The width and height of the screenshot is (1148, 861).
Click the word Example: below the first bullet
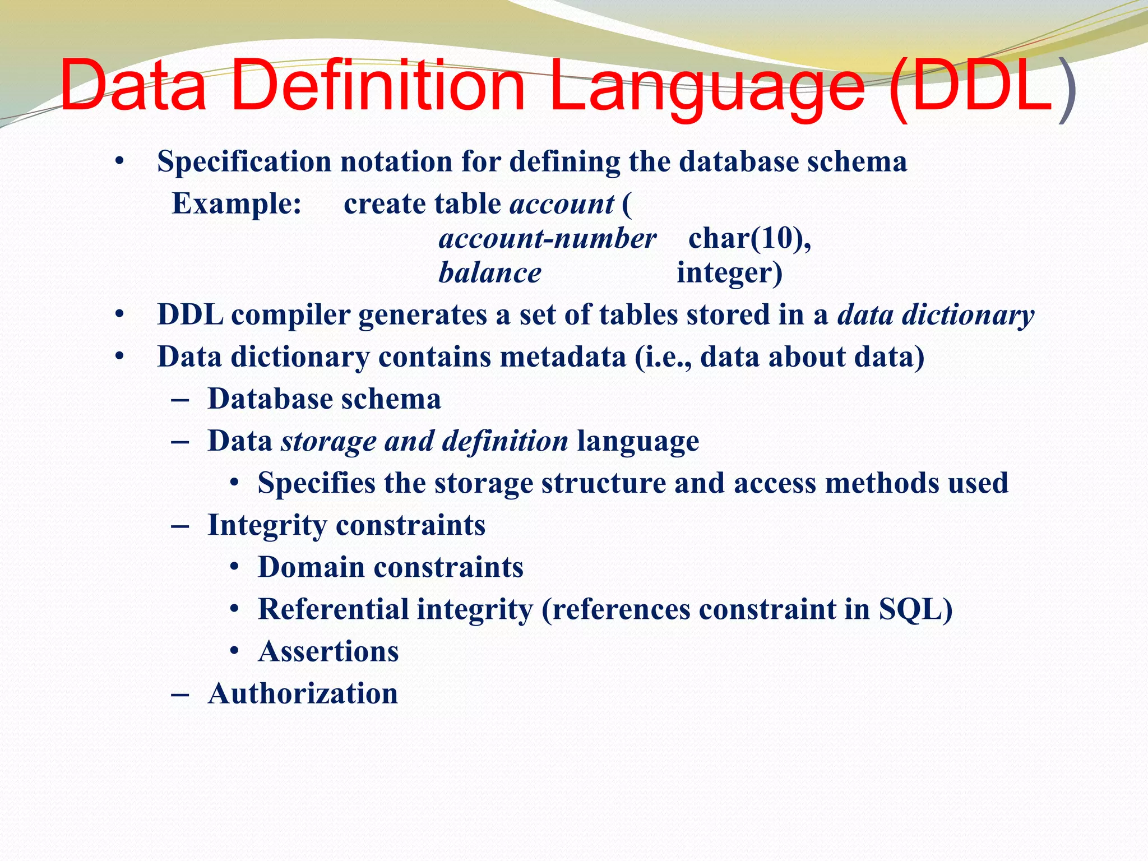pos(237,203)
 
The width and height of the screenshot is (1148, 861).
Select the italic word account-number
pos(547,239)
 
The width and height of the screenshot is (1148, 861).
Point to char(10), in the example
pos(749,239)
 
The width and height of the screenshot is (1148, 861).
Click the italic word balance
pos(489,274)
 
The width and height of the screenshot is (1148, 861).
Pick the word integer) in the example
pos(729,274)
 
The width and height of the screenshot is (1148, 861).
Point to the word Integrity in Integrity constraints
pos(267,526)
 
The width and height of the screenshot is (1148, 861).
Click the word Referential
pos(333,609)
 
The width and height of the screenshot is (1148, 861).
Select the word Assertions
pos(328,652)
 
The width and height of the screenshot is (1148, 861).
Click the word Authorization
pos(303,694)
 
